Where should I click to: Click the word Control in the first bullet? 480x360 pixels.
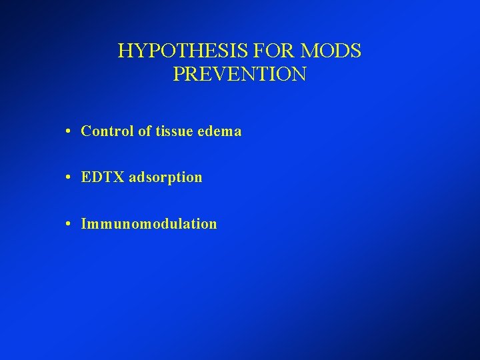(x=107, y=131)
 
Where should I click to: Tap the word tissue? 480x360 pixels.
(x=175, y=131)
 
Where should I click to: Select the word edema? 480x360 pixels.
(x=221, y=131)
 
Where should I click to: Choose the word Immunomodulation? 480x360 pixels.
(x=149, y=224)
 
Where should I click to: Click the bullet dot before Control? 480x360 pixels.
(x=69, y=132)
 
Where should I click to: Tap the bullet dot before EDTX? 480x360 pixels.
(x=69, y=178)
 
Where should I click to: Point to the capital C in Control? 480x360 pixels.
(x=86, y=131)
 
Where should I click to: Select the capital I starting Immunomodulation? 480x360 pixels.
(x=83, y=224)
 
